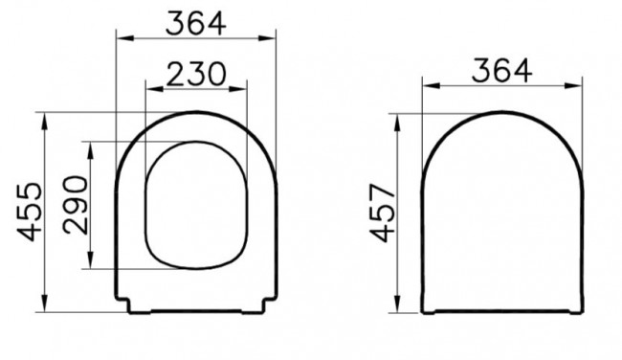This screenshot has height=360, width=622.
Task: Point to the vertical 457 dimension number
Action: pyautogui.click(x=381, y=213)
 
